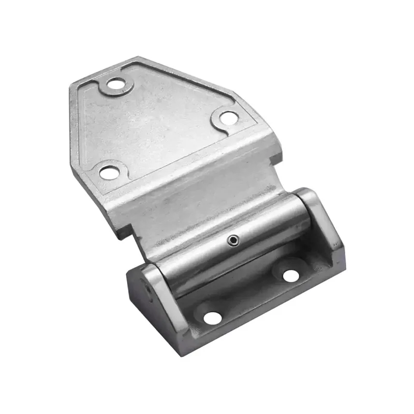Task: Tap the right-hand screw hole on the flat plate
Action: (227, 117)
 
